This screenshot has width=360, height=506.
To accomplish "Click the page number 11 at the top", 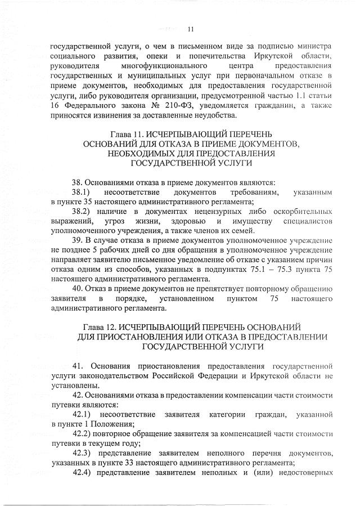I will click(190, 29).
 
